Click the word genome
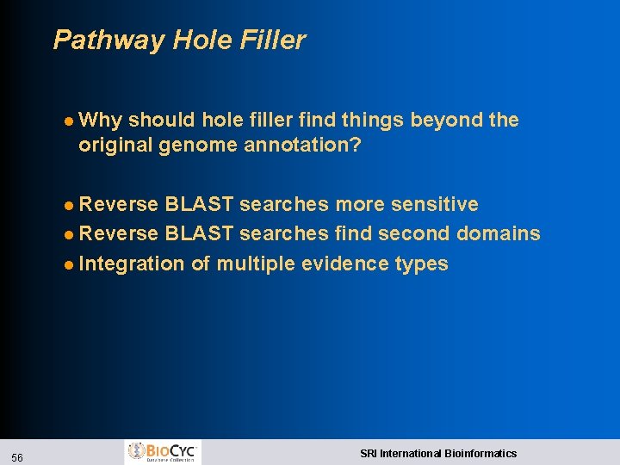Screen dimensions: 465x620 click(x=195, y=145)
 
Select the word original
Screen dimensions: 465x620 click(x=115, y=145)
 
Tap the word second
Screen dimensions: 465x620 click(x=417, y=233)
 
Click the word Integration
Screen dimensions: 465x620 click(x=132, y=263)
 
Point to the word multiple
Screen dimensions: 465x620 click(x=256, y=263)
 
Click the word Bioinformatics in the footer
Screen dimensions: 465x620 click(x=480, y=453)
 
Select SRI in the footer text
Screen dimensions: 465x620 click(x=369, y=453)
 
